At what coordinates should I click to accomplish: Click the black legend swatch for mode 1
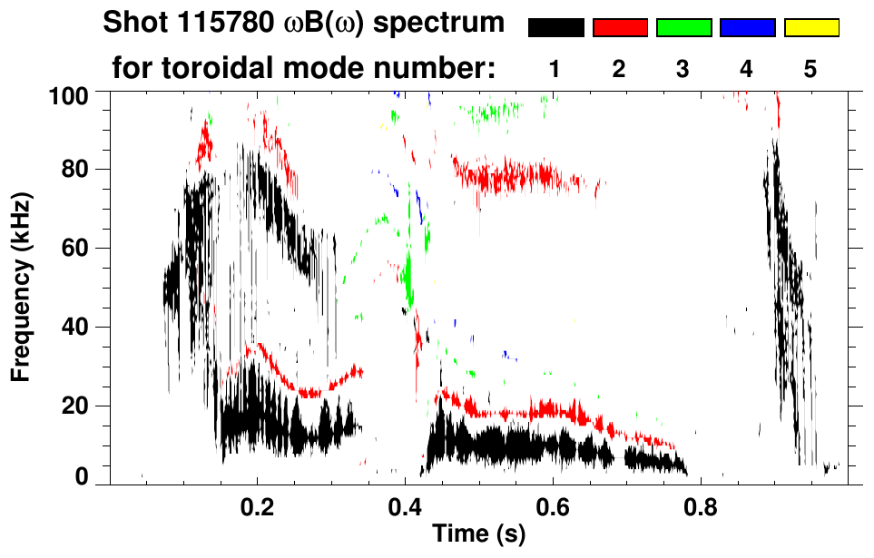(x=555, y=28)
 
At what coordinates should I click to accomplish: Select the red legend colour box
(x=620, y=28)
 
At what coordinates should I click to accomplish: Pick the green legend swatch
(x=683, y=28)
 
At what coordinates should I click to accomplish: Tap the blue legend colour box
(x=747, y=28)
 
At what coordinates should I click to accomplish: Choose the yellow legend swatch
(x=811, y=28)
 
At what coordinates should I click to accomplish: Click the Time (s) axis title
(x=477, y=534)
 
